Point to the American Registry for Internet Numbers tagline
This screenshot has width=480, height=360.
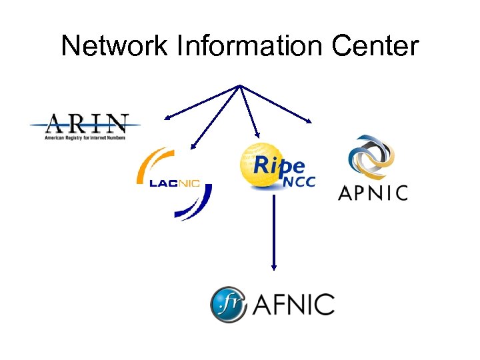pos(85,137)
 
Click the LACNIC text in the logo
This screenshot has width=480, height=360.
pos(175,184)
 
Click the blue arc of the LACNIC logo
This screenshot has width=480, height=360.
pos(197,207)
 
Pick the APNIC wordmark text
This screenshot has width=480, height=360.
pos(373,193)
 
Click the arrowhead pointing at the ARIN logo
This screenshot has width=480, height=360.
pos(166,117)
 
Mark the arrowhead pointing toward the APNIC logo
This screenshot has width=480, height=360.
pos(309,121)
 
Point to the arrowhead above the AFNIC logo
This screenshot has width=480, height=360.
pos(273,267)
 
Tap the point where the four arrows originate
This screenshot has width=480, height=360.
pos(239,85)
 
